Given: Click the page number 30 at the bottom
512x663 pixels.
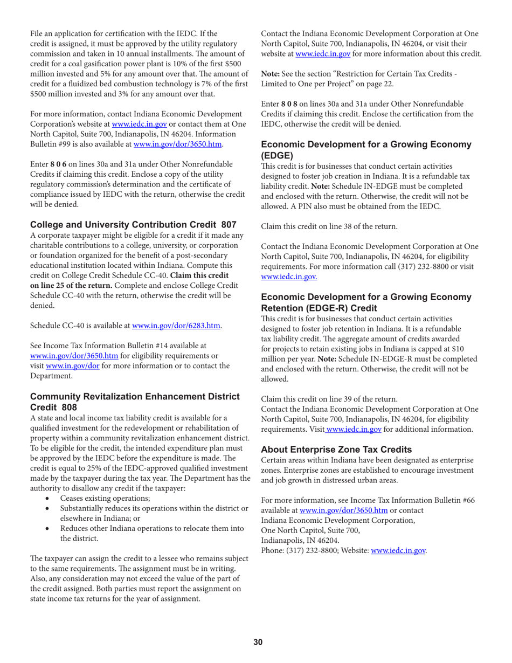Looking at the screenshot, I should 258,641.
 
